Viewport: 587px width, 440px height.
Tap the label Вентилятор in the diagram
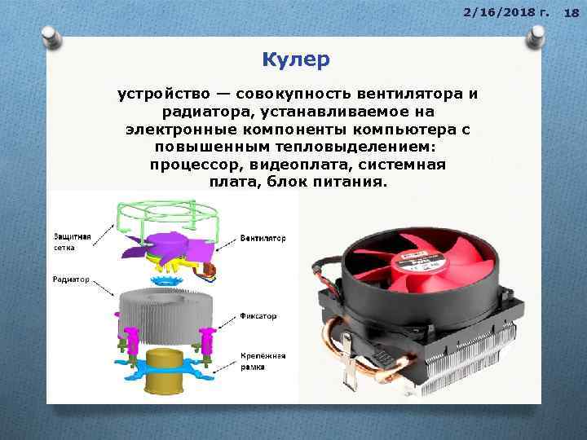[x=263, y=239]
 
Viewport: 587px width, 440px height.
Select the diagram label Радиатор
[x=71, y=279]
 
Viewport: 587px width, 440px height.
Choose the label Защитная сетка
[x=71, y=239]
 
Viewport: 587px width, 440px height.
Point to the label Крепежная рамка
[x=261, y=362]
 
